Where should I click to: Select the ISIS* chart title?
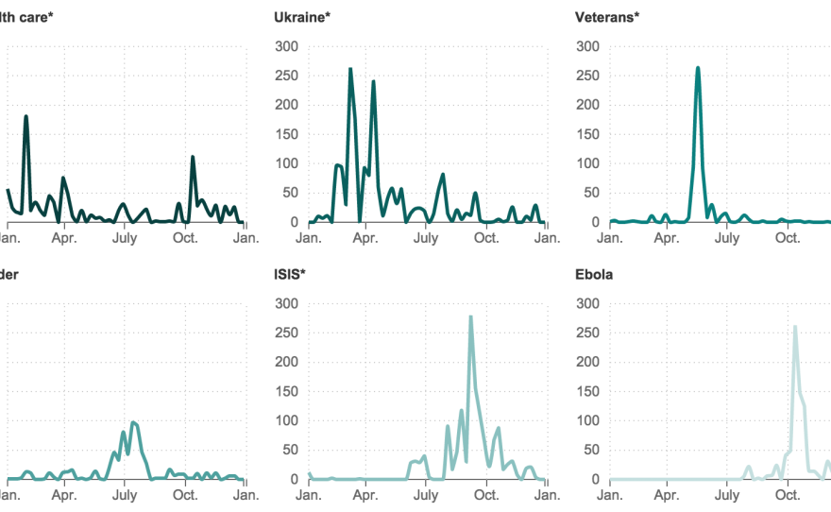(290, 275)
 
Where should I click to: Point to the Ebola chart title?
(594, 275)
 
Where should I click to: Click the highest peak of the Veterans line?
(698, 68)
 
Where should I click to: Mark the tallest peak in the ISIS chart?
(470, 317)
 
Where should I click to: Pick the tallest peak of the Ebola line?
(794, 327)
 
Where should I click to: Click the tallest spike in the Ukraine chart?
(350, 69)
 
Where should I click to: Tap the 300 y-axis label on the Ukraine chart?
(286, 46)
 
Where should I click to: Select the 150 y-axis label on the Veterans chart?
(587, 134)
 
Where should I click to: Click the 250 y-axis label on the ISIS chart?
(286, 333)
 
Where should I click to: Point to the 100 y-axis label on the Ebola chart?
(587, 421)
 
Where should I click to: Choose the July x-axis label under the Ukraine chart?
(426, 238)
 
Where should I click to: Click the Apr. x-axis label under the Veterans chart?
(667, 238)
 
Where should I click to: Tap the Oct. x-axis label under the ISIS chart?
(486, 495)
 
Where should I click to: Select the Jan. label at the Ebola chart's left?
(609, 495)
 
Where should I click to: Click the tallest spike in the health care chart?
(25, 116)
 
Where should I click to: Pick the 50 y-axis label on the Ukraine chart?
(289, 193)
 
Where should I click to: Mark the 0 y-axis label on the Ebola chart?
(595, 480)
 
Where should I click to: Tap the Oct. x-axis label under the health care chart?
(185, 238)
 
